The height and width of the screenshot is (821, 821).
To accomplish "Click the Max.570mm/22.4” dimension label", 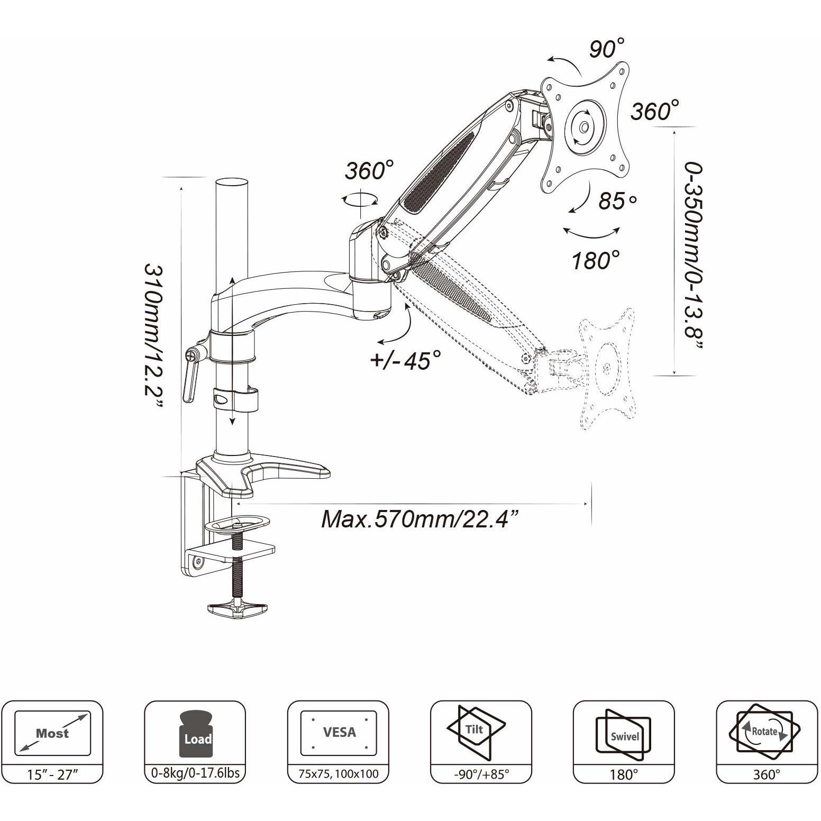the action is pos(419,519).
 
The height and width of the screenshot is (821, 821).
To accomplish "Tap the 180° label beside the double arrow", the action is pos(596,260).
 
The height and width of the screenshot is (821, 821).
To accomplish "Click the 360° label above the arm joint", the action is pos(370,171).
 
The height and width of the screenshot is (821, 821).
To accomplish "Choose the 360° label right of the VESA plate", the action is pos(655,112).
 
